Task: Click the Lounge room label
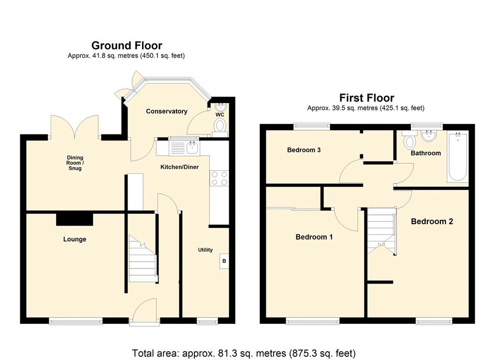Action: [74, 239]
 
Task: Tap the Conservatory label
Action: [166, 111]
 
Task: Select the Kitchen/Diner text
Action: [179, 167]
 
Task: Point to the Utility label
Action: [205, 250]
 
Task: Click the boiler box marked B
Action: [224, 261]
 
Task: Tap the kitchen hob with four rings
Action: [219, 178]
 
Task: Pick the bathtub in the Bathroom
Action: [457, 157]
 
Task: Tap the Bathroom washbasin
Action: [429, 135]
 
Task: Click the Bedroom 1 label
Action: [314, 237]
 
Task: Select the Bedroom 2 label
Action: [432, 222]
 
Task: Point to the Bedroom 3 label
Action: [304, 150]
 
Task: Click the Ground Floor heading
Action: [127, 45]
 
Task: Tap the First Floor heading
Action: [366, 98]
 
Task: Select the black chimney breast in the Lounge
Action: [74, 219]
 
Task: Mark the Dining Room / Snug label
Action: [75, 163]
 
